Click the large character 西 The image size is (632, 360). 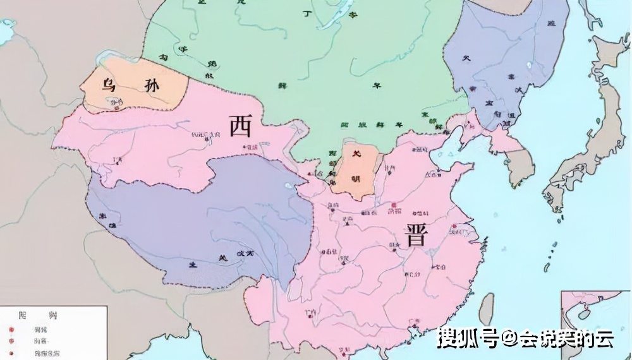click(241, 126)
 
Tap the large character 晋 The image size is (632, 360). click(416, 236)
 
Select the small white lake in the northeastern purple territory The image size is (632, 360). click(528, 64)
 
